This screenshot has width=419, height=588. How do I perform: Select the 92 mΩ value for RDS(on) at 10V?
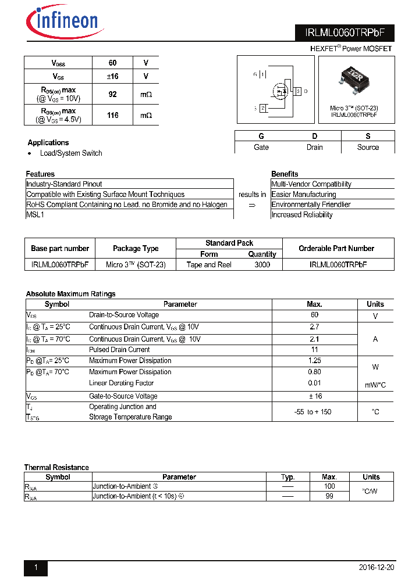[113, 94]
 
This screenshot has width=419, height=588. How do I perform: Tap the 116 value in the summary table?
[113, 115]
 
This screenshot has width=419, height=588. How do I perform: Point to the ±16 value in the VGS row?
[113, 76]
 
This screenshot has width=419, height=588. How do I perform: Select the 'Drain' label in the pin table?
[314, 148]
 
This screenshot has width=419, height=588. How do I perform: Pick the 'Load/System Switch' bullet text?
[71, 153]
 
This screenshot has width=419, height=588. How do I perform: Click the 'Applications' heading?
[48, 142]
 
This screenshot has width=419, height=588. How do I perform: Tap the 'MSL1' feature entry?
[35, 214]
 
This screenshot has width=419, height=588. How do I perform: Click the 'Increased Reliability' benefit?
[302, 215]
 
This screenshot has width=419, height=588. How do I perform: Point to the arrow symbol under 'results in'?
[252, 205]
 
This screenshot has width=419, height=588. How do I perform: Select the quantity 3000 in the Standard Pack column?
[262, 264]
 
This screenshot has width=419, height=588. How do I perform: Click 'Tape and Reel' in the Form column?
[209, 264]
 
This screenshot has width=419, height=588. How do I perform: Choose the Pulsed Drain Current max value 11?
[314, 350]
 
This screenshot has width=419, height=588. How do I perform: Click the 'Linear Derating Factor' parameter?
[121, 383]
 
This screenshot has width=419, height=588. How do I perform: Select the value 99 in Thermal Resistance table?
[329, 496]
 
